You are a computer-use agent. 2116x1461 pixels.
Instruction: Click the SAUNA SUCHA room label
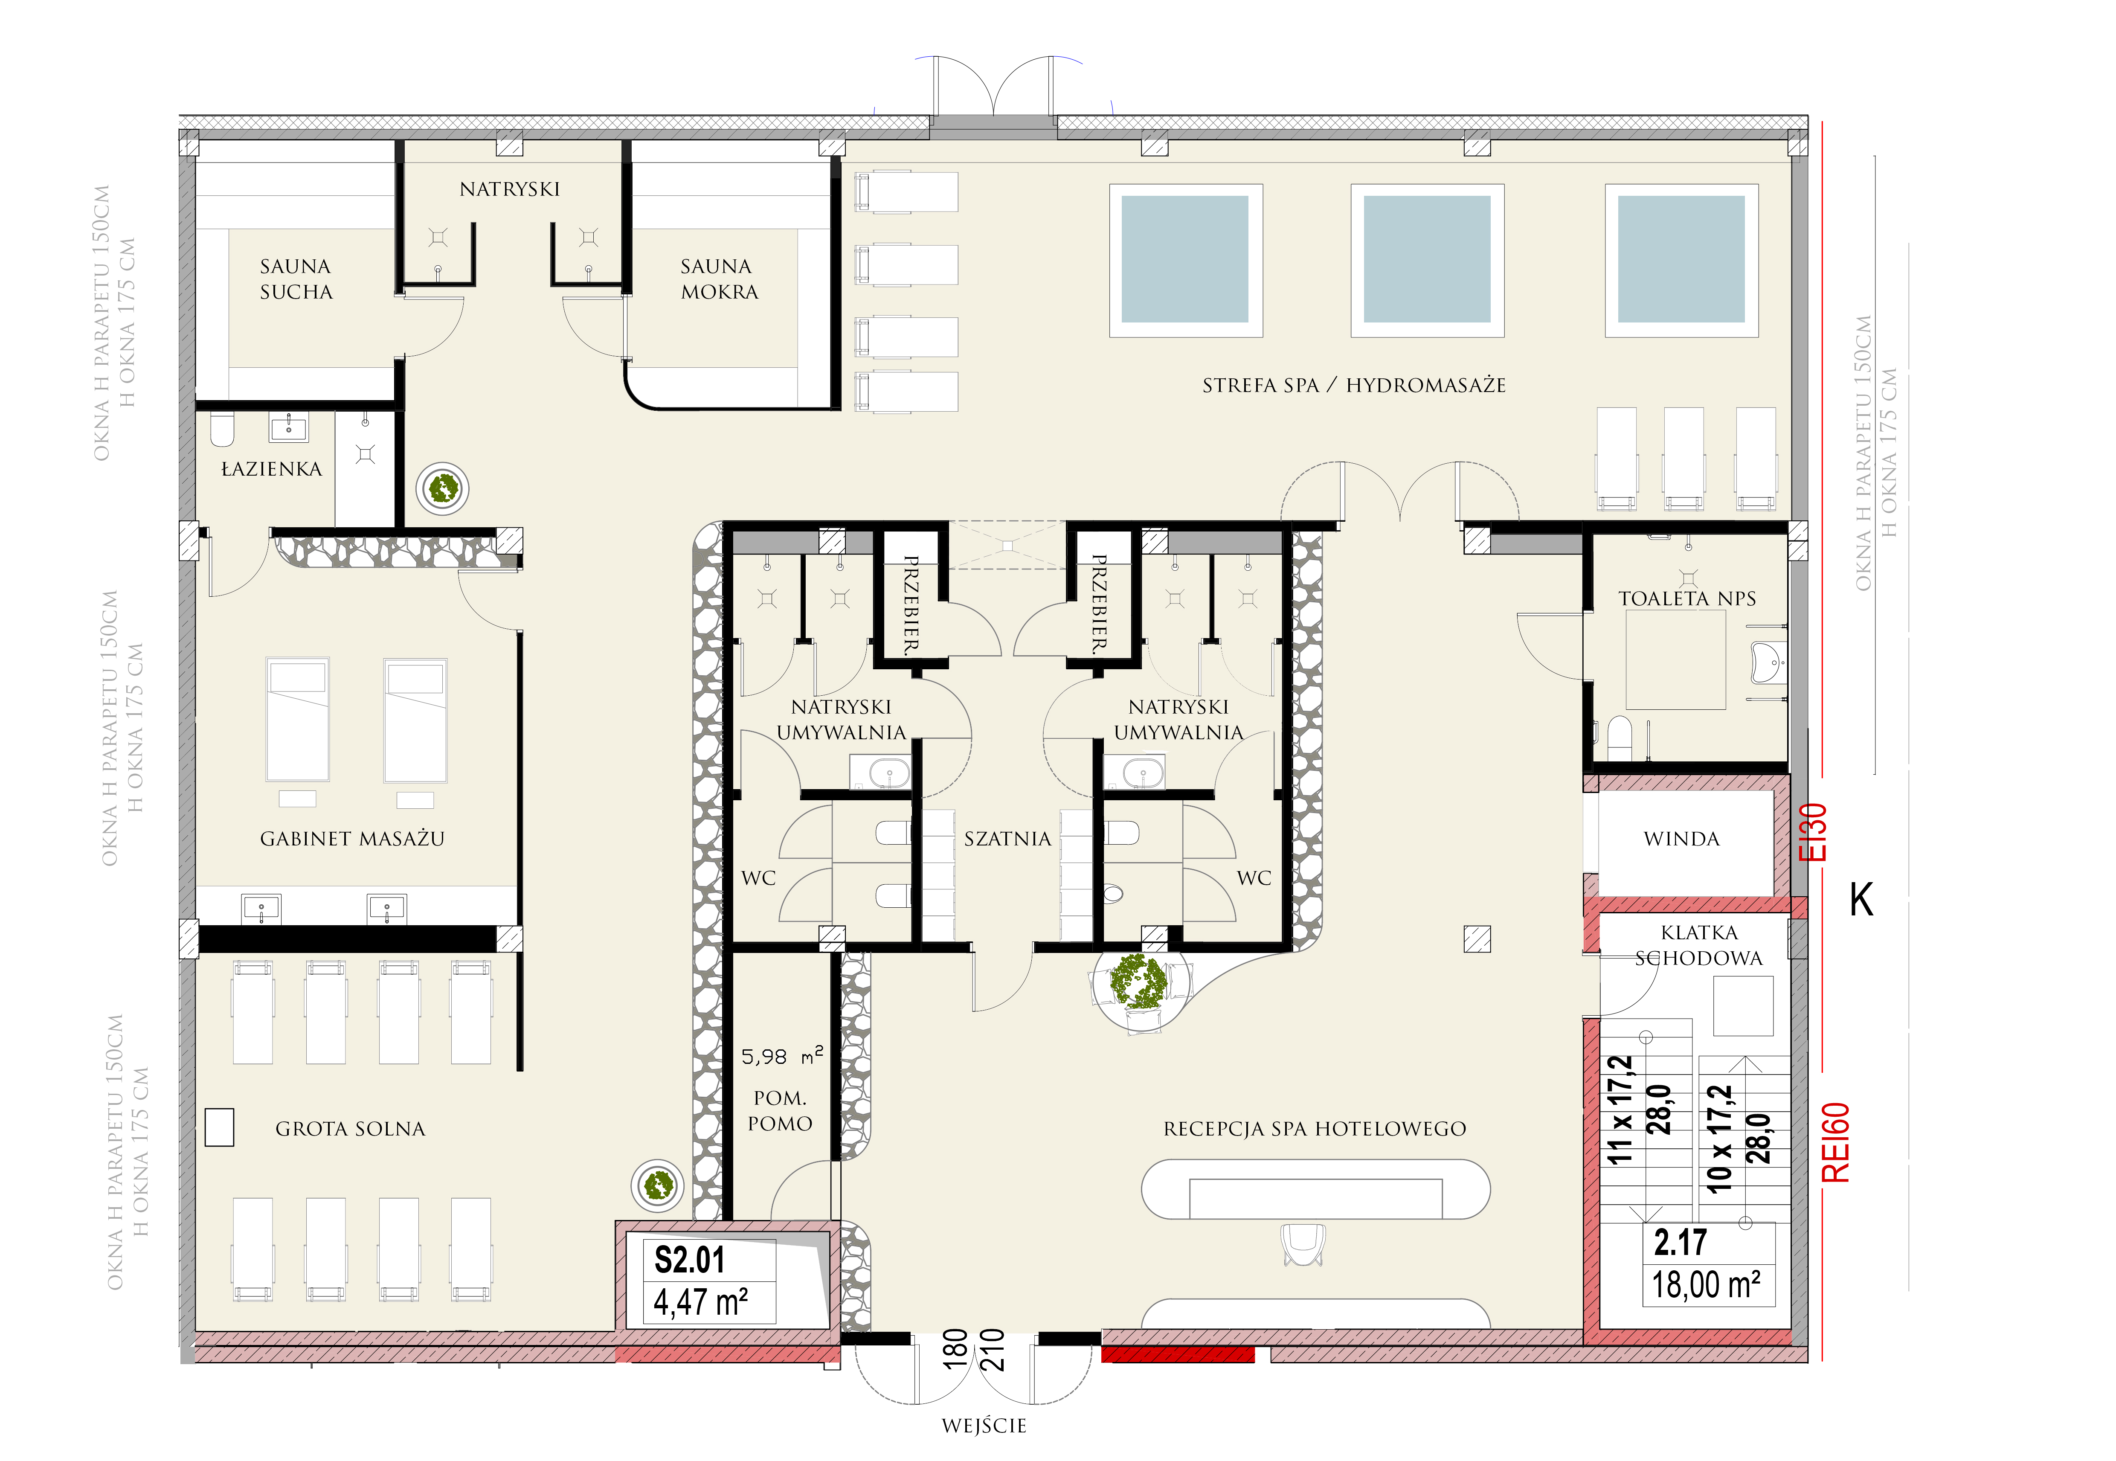click(296, 279)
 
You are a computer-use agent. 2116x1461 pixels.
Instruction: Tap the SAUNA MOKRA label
click(718, 279)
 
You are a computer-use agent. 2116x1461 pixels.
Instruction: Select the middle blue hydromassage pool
click(1427, 260)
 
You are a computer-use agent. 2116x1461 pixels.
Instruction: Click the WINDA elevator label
click(1681, 839)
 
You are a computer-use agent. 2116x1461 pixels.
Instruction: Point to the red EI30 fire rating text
click(1813, 832)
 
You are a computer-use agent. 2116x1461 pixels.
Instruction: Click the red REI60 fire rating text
click(1836, 1142)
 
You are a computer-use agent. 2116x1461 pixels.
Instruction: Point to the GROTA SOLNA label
click(351, 1129)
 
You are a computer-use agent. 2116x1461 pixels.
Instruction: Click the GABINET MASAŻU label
click(352, 839)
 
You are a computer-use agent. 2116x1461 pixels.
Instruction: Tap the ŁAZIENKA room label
click(272, 469)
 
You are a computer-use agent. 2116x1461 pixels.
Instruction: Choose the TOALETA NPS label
click(1687, 598)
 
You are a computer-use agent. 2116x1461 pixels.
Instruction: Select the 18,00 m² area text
click(1706, 1284)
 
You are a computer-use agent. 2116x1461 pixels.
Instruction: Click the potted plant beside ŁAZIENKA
click(443, 488)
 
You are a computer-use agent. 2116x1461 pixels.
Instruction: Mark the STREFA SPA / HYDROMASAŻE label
click(1354, 385)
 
